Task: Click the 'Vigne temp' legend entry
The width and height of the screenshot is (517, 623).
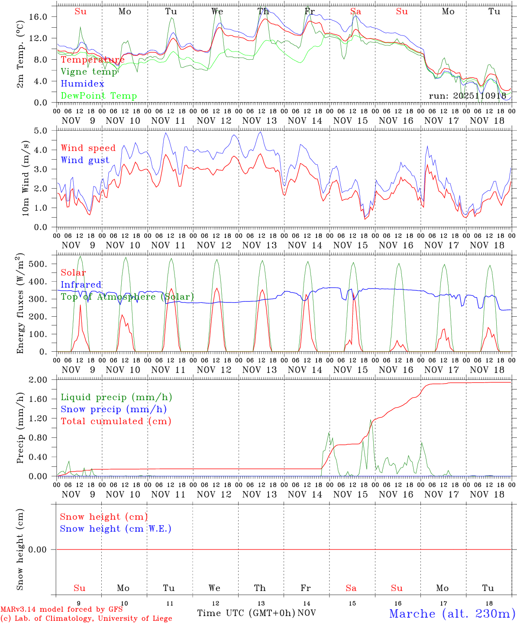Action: (89, 72)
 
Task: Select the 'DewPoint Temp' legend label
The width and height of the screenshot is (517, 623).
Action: (99, 96)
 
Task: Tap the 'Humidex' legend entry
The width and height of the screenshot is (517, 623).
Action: (82, 84)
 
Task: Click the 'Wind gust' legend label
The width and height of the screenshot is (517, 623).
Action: (85, 161)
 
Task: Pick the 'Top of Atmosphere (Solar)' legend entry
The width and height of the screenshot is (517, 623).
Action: (127, 297)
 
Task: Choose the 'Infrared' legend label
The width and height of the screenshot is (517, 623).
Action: (81, 285)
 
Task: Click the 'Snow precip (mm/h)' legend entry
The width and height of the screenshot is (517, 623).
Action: (113, 409)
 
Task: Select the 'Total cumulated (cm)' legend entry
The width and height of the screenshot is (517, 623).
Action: (116, 421)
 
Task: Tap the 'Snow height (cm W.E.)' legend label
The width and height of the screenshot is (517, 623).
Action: (116, 529)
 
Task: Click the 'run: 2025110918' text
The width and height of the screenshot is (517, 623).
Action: (467, 96)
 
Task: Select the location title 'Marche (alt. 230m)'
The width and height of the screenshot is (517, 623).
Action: (452, 613)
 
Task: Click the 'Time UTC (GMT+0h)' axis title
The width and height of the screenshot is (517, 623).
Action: (246, 613)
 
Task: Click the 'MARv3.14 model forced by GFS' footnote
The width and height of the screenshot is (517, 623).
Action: (61, 610)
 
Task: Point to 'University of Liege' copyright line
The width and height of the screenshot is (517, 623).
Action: (135, 619)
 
